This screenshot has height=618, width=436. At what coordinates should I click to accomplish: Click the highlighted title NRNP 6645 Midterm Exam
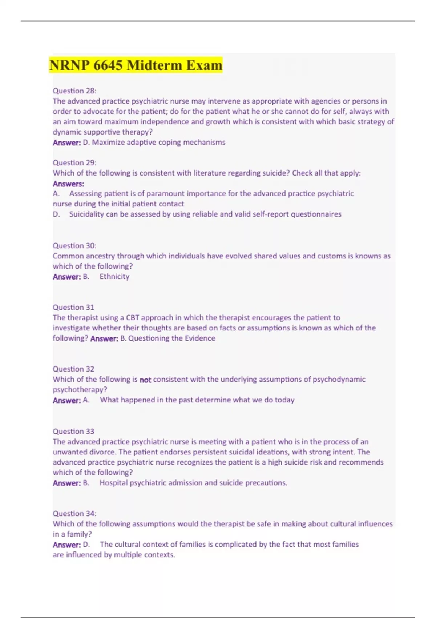click(x=136, y=65)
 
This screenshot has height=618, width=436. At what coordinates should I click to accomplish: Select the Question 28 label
click(x=74, y=91)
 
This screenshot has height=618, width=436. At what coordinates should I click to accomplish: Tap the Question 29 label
click(x=74, y=163)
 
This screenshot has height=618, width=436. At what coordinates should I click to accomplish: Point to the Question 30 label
click(x=74, y=246)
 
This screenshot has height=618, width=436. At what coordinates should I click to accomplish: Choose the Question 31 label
click(x=73, y=308)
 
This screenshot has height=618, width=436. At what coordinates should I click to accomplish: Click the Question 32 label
click(x=73, y=369)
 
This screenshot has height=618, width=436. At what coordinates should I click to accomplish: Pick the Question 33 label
click(x=73, y=432)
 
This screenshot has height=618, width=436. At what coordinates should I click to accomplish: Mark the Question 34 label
click(x=74, y=514)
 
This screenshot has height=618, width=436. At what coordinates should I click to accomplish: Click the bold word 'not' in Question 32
click(x=145, y=380)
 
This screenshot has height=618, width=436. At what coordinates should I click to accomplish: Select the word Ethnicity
click(x=114, y=277)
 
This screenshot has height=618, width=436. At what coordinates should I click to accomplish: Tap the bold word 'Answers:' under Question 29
click(x=68, y=184)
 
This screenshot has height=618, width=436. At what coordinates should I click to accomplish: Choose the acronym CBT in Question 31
click(x=133, y=318)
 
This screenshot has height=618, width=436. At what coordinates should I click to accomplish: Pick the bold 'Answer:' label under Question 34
click(x=67, y=545)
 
